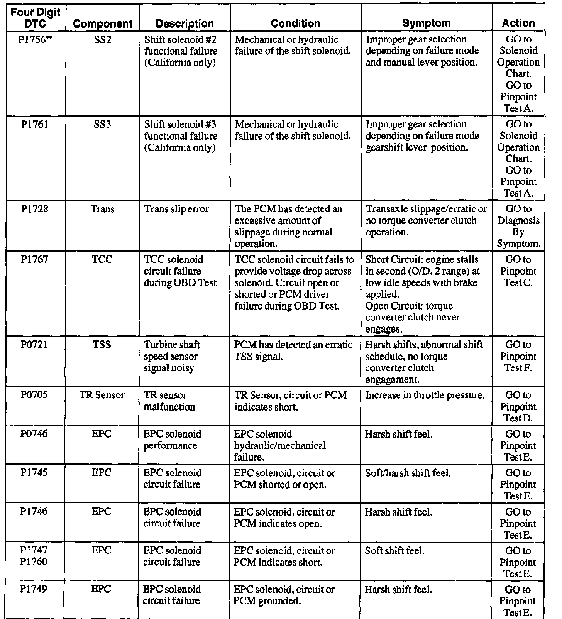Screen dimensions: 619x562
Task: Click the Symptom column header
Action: [426, 23]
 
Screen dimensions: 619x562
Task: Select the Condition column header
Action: [295, 23]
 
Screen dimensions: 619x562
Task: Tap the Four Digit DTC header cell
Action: [36, 18]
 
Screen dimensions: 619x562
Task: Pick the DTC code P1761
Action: [34, 125]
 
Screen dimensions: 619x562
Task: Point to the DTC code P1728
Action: [34, 209]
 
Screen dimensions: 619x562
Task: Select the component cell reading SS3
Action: [102, 125]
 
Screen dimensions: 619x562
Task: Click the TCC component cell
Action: [102, 260]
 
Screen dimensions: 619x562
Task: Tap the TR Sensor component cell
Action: [102, 395]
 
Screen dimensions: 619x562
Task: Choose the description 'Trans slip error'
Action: [176, 209]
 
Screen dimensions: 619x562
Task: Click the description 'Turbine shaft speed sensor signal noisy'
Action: [171, 356]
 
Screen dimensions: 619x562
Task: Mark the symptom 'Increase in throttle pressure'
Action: [425, 396]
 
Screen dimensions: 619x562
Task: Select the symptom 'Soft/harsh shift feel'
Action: [408, 473]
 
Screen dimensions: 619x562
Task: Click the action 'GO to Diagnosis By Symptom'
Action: [518, 226]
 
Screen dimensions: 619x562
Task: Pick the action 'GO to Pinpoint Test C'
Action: [518, 271]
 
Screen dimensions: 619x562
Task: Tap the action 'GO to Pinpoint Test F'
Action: [518, 356]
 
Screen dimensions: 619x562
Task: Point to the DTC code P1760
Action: [34, 562]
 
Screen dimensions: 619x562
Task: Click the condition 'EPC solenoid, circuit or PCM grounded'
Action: [284, 595]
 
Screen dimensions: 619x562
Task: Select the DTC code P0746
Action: [34, 434]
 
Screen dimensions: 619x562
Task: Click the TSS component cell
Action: [102, 345]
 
